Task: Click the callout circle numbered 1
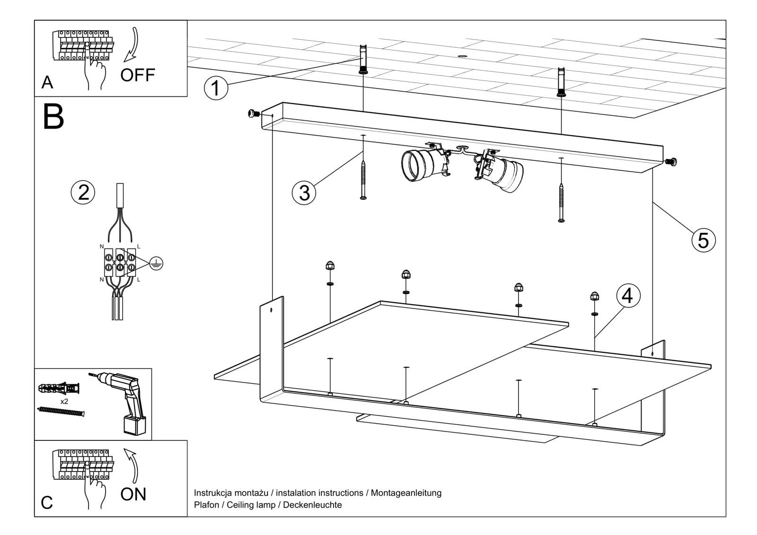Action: click(x=216, y=88)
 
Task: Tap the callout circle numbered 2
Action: click(x=83, y=193)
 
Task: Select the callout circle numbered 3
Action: click(x=304, y=193)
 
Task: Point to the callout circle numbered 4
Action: click(x=627, y=296)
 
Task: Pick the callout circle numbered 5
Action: click(x=703, y=240)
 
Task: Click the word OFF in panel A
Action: click(x=137, y=75)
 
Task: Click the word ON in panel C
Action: click(x=133, y=494)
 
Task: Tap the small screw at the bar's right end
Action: click(x=670, y=162)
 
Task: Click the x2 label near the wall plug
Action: click(x=64, y=401)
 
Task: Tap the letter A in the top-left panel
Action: click(x=47, y=83)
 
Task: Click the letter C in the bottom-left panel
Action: click(x=47, y=502)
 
